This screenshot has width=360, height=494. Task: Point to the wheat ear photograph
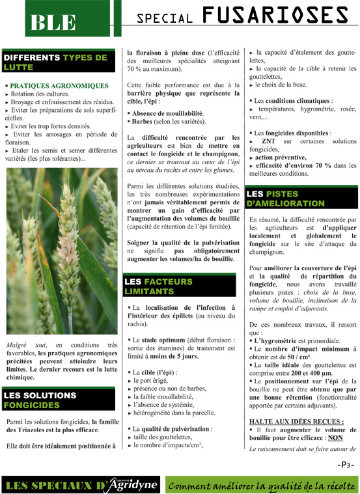62,251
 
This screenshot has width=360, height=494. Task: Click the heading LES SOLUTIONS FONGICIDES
40,399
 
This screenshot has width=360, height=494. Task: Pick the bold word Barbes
141,121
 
